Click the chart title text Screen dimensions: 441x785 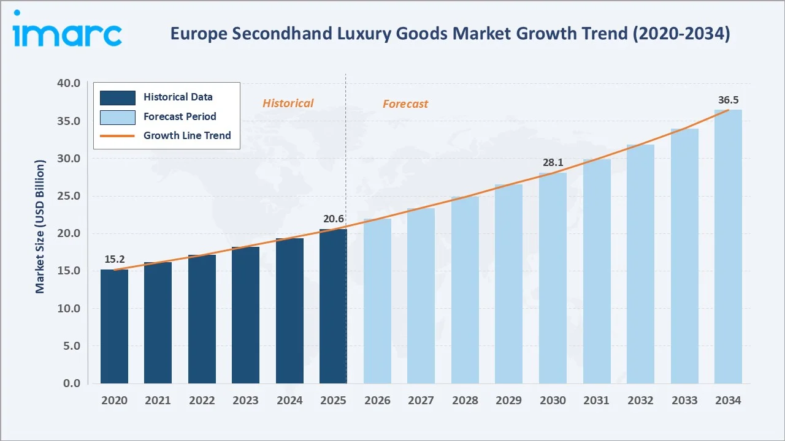coord(450,34)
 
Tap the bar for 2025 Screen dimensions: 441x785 coord(333,306)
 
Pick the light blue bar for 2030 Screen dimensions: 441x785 coord(553,278)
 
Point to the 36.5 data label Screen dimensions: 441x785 coord(728,100)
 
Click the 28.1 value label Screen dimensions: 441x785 coord(553,163)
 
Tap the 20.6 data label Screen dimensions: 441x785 coord(333,219)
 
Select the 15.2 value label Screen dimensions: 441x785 coord(114,260)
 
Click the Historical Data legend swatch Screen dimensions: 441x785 coord(117,97)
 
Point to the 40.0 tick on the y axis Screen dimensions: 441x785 coord(67,83)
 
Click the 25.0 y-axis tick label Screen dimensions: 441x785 coord(67,196)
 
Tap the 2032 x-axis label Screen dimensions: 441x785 coord(640,401)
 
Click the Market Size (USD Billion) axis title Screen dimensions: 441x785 coord(40,227)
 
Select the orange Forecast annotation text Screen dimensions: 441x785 coord(405,104)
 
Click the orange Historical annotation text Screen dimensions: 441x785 coord(288,104)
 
